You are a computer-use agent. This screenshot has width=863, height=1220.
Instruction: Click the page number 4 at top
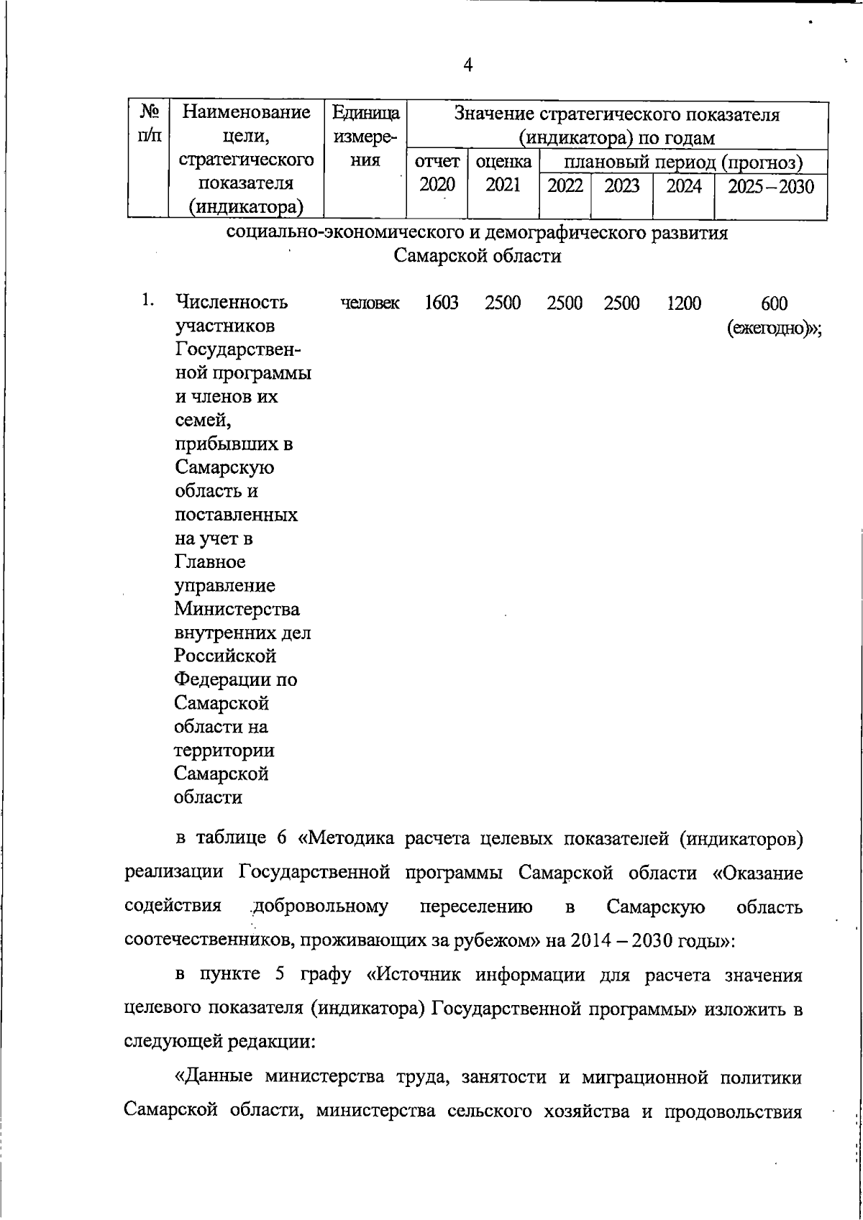pos(468,65)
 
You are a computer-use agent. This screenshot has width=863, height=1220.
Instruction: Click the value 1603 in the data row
pos(441,303)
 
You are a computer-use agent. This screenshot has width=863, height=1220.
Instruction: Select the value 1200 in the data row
pos(683,303)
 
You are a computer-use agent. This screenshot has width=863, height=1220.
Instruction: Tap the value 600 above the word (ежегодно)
pos(774,304)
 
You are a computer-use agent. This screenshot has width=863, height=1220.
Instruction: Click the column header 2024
pos(683,187)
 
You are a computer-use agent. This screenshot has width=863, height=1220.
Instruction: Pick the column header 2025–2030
pos(770,187)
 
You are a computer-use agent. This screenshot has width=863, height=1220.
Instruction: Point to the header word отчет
pos(437,162)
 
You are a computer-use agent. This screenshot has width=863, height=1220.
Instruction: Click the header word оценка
pos(503,162)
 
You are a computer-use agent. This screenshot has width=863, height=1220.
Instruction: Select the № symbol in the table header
pos(149,113)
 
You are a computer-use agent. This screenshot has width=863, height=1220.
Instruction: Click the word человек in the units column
pos(370,303)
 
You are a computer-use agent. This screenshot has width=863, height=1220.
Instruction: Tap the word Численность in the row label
pos(232,302)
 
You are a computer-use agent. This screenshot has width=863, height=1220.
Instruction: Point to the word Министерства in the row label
pos(237,609)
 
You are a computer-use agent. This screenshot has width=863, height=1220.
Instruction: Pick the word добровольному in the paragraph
pos(320,907)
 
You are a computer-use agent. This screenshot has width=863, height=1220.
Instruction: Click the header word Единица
pos(365,114)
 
